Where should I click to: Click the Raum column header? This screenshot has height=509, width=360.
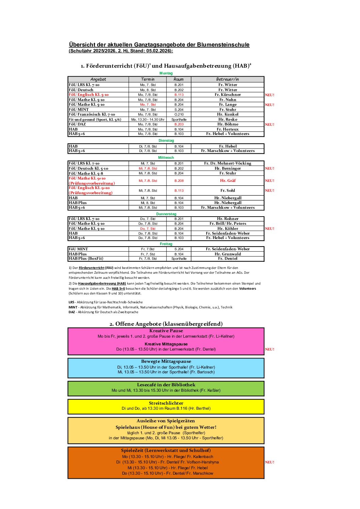178,79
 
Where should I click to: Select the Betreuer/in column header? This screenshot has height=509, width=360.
227,79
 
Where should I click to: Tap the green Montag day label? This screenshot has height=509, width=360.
166,73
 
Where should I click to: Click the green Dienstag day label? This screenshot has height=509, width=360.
166,140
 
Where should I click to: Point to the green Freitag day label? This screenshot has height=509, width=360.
166,244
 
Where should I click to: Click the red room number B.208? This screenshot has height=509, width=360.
179,181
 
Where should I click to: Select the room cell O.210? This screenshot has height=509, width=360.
179,115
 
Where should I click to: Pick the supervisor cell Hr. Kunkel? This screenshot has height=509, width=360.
228,115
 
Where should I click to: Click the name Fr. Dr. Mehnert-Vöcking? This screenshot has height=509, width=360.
228,164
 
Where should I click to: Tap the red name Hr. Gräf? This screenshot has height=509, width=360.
228,181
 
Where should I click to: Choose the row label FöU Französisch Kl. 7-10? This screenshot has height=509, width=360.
92,115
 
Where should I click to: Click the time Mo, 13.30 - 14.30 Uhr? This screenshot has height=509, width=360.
148,120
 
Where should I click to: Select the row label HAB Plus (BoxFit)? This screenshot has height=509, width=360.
86,259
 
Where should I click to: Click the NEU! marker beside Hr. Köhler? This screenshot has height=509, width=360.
269,229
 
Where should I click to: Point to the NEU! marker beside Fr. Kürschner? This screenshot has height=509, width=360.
269,95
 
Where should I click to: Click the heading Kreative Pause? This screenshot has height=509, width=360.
166,331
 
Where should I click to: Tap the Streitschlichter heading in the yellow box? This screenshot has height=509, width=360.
166,403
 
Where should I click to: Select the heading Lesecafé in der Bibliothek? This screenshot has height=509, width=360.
166,385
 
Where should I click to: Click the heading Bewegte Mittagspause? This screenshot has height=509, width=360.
166,361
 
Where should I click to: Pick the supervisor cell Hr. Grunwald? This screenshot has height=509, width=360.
228,254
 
